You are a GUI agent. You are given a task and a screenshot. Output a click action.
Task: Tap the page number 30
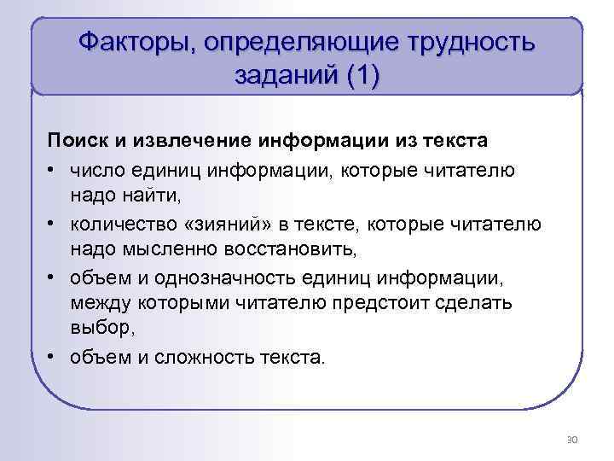click(571, 440)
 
